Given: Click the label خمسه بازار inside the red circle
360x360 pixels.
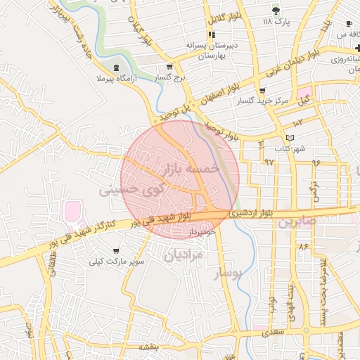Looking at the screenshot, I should (x=192, y=169).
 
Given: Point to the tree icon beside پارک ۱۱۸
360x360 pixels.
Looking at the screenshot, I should (x=276, y=11).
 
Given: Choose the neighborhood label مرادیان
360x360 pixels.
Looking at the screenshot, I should (x=184, y=254).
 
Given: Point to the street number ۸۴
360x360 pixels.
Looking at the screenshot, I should (x=304, y=247).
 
